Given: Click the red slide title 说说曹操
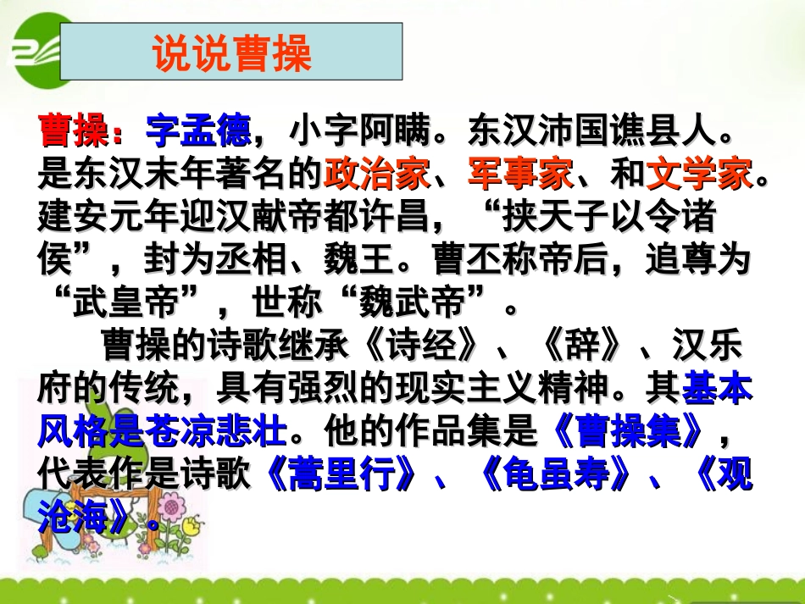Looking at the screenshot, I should pos(232,53).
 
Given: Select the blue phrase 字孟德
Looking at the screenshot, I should pos(199,131).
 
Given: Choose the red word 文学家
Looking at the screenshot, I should pos(699,175).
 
